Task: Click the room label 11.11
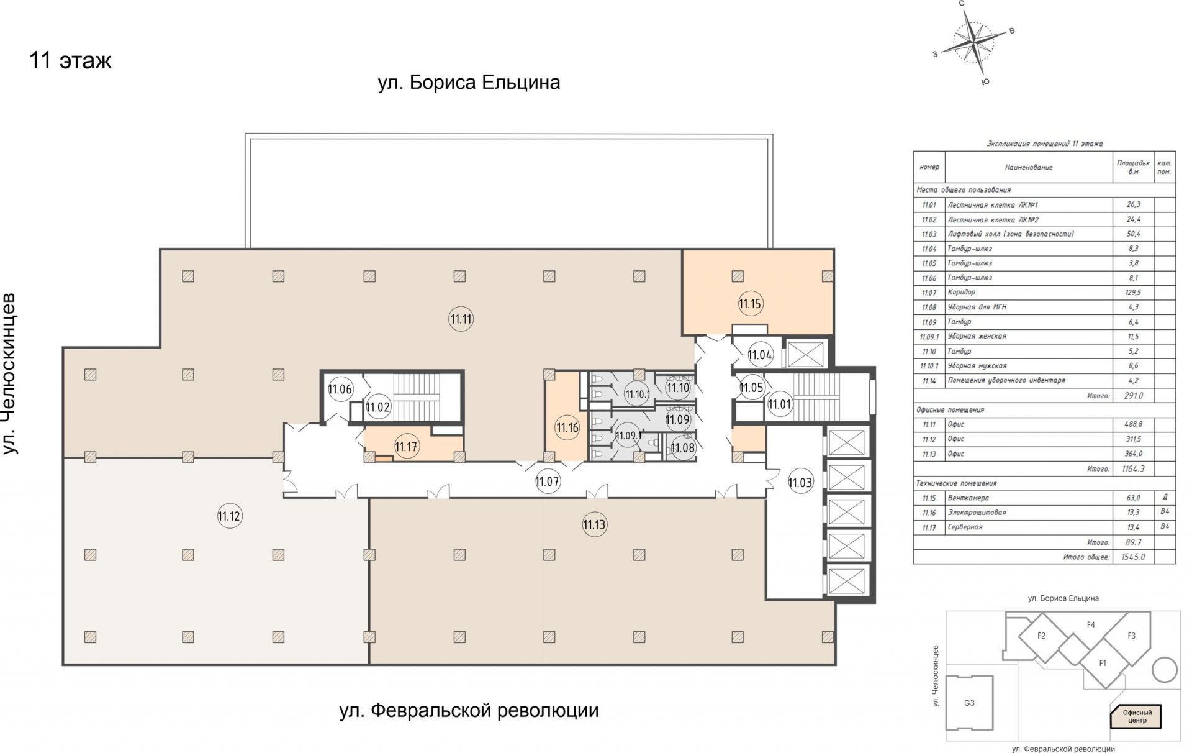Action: coord(461,319)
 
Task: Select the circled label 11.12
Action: coord(229,516)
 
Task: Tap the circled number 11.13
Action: coord(594,524)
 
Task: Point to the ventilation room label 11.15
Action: coord(749,304)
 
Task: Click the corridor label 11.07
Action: coord(547,481)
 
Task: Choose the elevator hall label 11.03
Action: coord(800,482)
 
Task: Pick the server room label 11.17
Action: coord(406,446)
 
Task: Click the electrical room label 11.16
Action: coord(567,427)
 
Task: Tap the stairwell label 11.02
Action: coord(377,408)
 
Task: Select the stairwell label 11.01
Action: coord(779,404)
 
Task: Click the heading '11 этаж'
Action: coord(70,61)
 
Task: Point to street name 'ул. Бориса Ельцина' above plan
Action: coord(469,82)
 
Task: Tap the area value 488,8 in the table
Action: coord(1133,424)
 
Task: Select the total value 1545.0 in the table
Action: coord(1133,557)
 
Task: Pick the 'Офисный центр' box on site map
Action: coord(1137,716)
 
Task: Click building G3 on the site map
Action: coord(969,703)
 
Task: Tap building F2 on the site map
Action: coord(1041,636)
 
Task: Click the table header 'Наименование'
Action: coord(1028,167)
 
